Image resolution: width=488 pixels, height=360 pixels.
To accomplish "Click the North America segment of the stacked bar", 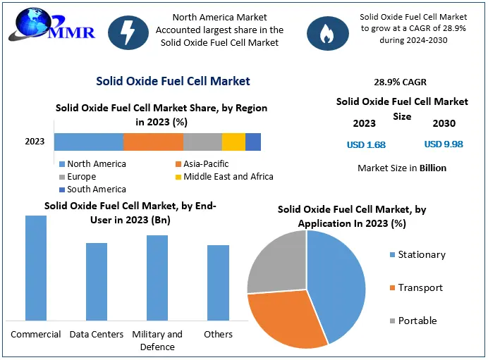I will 89,141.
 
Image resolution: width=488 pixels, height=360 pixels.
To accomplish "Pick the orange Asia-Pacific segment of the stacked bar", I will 153,141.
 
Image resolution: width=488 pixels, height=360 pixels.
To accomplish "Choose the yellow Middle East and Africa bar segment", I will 233,141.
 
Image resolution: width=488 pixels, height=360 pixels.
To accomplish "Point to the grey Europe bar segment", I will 202,141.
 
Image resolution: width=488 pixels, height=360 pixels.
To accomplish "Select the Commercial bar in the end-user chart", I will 36,268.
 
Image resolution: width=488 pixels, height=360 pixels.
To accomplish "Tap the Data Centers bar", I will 97,281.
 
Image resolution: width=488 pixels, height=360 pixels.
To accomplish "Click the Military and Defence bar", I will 157,278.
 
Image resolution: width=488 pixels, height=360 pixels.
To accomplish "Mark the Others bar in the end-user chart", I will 218,283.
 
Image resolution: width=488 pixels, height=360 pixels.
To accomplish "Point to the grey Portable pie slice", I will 277,261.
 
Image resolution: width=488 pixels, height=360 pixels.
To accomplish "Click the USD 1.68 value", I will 366,144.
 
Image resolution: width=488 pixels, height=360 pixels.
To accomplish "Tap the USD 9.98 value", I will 444,144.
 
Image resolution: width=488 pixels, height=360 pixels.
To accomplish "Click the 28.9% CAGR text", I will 400,82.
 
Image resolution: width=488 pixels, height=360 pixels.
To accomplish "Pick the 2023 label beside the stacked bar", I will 35,142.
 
